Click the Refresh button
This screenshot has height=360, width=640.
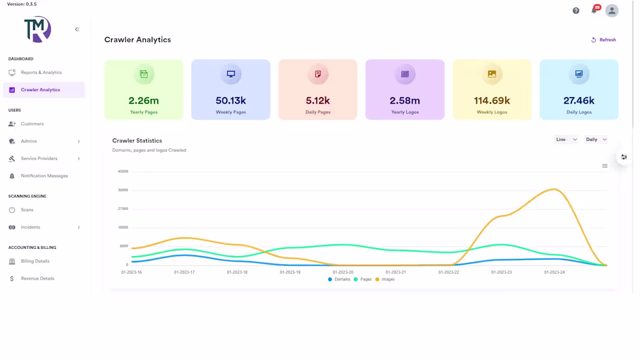(x=603, y=40)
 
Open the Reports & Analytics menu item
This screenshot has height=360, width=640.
(x=41, y=73)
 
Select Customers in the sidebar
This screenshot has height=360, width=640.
(x=32, y=124)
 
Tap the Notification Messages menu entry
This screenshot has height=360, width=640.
(x=44, y=176)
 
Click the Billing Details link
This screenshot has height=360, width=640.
(x=35, y=261)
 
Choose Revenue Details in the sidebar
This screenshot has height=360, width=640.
(x=37, y=279)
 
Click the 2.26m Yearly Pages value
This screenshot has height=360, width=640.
(x=144, y=101)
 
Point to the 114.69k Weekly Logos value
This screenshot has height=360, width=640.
(x=492, y=101)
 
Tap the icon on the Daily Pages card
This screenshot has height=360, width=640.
(x=318, y=74)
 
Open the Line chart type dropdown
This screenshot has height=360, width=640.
(x=566, y=140)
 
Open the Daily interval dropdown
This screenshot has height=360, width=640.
(x=596, y=140)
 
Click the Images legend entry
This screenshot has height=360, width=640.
(x=385, y=280)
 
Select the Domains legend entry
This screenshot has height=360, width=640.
(x=339, y=280)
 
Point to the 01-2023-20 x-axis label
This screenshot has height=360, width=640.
(x=343, y=272)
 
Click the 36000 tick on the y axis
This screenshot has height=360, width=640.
(x=123, y=190)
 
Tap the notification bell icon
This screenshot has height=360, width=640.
(x=595, y=10)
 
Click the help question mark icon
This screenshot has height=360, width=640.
(x=576, y=10)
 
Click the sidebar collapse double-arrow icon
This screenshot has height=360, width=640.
(x=77, y=30)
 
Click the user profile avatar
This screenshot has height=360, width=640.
(x=612, y=10)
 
